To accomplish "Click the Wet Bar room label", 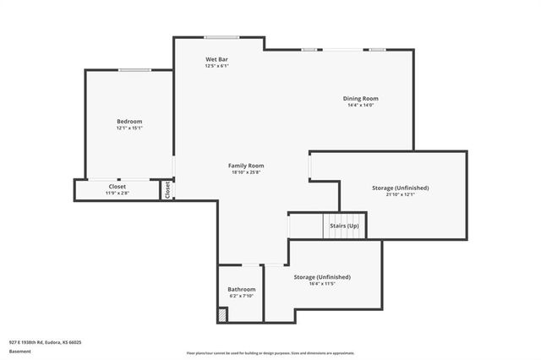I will (217, 59).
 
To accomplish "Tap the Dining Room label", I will (360, 98).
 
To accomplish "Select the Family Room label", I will (246, 166).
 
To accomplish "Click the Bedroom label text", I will (129, 122).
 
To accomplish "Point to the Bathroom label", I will (241, 289).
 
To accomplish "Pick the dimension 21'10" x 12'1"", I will (401, 194).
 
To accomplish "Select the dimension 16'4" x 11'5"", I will (321, 284).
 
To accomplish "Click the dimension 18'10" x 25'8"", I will (246, 172).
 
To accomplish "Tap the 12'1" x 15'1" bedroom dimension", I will (129, 128).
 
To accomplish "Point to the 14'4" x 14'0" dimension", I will (360, 105).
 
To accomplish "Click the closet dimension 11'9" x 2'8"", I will (117, 194).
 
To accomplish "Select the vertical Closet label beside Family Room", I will (167, 190).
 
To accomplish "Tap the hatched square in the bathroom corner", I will (222, 314).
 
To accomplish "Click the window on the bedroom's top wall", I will (134, 70).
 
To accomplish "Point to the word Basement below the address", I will (19, 350).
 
